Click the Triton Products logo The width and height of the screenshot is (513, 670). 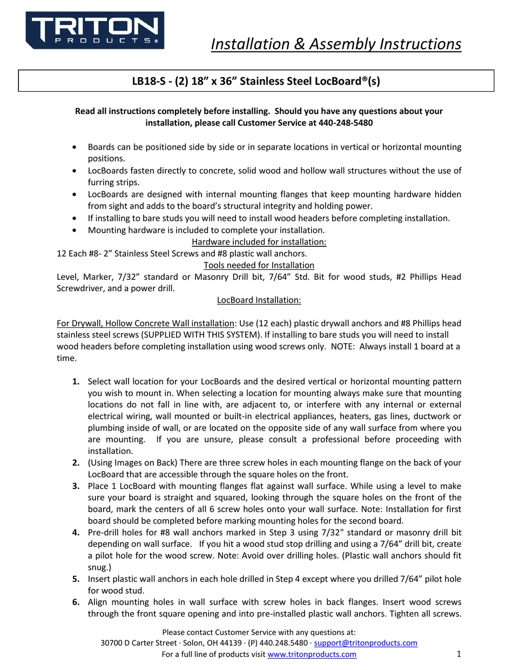tap(95, 31)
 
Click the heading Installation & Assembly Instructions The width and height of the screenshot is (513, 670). tap(335, 44)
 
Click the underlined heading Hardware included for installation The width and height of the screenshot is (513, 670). tap(259, 242)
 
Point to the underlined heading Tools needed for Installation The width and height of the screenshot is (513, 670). tap(259, 265)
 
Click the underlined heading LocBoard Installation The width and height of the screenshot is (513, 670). tap(259, 300)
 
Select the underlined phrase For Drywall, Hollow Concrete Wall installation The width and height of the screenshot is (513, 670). tap(145, 323)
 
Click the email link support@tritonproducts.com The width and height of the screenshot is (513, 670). tap(365, 643)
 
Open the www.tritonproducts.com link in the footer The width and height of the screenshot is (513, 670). tap(312, 654)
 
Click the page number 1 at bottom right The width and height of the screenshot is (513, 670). tap(458, 654)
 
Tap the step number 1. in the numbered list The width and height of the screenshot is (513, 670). tap(76, 381)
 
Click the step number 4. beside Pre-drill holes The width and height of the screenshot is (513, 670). tap(76, 532)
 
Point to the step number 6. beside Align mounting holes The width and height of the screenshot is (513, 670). tap(76, 602)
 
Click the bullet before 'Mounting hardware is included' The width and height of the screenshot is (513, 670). tap(74, 230)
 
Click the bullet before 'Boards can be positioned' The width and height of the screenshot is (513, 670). tap(74, 147)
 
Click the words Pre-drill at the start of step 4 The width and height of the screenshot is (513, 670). tap(104, 532)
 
